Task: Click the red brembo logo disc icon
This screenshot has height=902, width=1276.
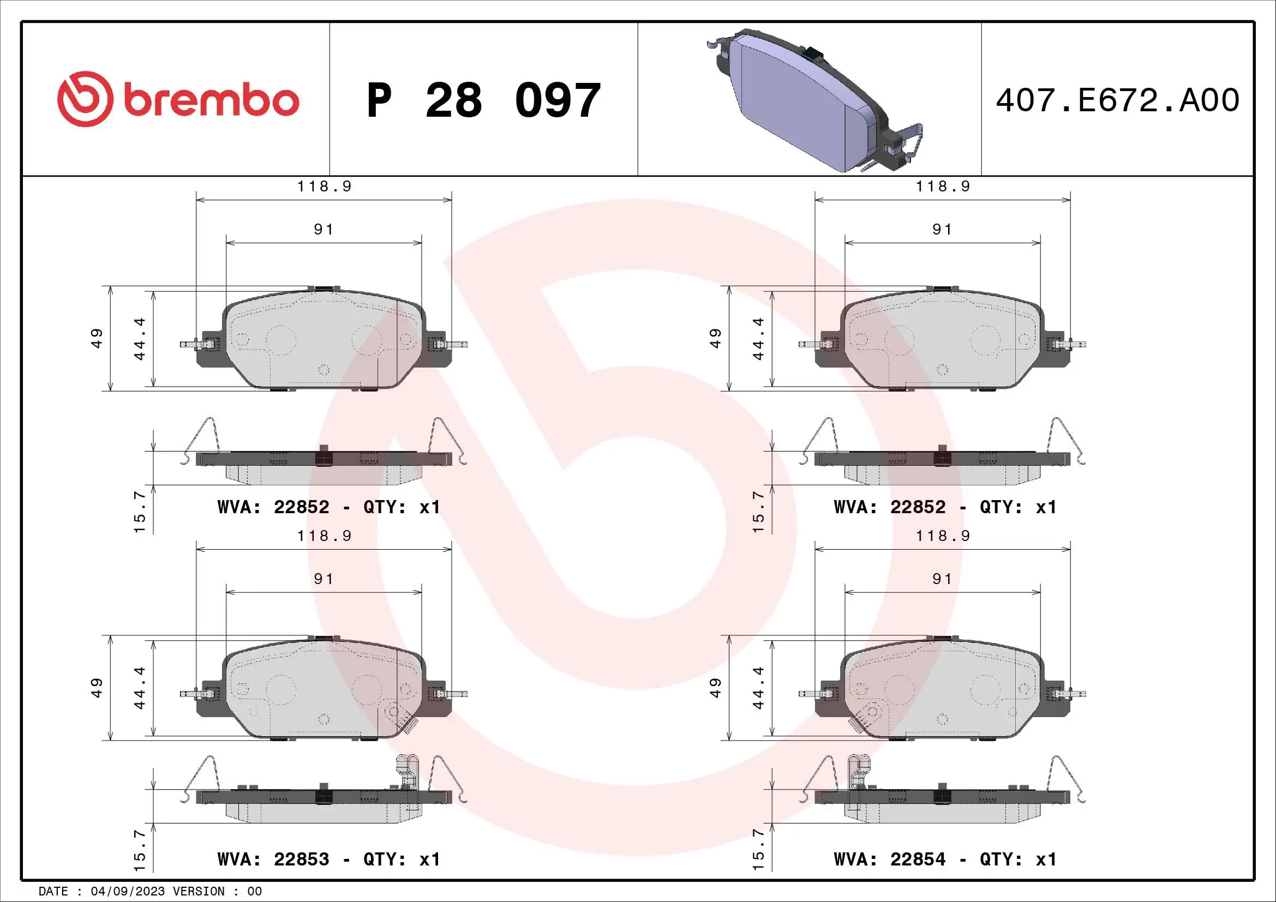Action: tap(85, 99)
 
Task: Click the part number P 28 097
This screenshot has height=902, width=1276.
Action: tap(483, 100)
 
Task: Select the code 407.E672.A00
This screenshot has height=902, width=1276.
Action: tap(1117, 100)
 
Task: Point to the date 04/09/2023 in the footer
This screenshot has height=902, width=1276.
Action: tap(128, 892)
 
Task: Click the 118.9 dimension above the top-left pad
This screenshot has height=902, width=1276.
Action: tap(324, 187)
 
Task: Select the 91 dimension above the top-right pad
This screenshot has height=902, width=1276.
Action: tap(942, 230)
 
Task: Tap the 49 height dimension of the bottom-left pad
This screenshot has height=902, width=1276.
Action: tap(97, 688)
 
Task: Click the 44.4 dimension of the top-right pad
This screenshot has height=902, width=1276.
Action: tap(758, 339)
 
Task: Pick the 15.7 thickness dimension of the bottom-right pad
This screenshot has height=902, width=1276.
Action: tap(758, 850)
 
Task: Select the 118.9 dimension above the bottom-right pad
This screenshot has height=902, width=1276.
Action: tap(943, 536)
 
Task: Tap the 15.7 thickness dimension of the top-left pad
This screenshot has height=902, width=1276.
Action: tap(140, 511)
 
